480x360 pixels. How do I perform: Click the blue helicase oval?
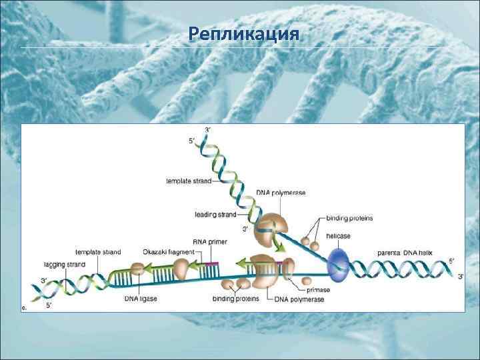tap(339, 263)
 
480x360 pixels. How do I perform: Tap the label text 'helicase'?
tap(338, 236)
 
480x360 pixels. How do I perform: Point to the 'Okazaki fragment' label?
tap(169, 252)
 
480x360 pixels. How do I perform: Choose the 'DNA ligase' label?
tap(141, 299)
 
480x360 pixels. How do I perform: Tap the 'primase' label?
tap(318, 290)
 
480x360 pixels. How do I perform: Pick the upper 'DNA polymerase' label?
tap(281, 192)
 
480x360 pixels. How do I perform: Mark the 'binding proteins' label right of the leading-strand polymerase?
tap(349, 218)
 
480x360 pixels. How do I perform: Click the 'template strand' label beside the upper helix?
tap(189, 181)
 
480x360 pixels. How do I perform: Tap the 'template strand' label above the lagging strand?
tap(98, 252)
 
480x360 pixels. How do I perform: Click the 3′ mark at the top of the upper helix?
tap(208, 128)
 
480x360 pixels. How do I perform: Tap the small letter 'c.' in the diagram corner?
tap(25, 307)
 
